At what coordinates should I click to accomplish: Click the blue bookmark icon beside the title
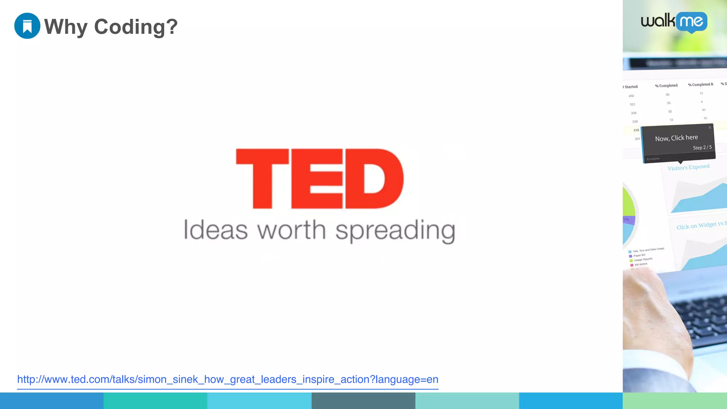[27, 26]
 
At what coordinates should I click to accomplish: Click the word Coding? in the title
[136, 27]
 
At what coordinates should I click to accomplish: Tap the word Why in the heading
[66, 27]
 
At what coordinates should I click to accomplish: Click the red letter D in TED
[374, 178]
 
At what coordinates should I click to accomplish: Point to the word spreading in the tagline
[395, 231]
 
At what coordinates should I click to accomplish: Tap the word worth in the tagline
[291, 230]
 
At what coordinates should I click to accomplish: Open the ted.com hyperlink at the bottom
[228, 379]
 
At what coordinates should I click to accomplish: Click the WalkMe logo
[674, 22]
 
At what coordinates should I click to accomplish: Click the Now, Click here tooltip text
[676, 138]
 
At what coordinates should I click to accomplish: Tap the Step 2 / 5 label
[702, 147]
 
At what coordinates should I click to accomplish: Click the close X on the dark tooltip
[710, 127]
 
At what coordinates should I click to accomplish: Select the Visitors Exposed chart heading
[688, 167]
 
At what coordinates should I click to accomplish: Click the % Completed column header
[666, 86]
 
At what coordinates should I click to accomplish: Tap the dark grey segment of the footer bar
[363, 400]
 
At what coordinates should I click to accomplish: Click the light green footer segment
[674, 400]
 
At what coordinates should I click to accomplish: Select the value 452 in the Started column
[631, 96]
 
